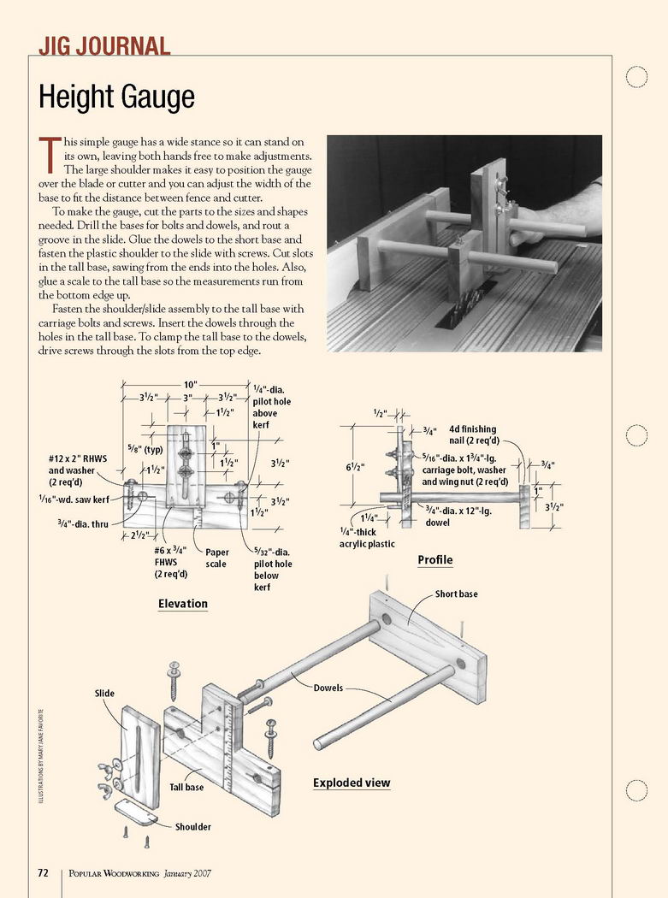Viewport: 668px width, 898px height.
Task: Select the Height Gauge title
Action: (116, 97)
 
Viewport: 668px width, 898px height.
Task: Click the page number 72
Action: (43, 873)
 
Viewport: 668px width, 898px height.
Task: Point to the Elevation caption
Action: (182, 604)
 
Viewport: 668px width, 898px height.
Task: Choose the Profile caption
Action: (434, 560)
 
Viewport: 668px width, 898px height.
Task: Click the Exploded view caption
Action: (352, 783)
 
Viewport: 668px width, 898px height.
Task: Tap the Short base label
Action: (456, 594)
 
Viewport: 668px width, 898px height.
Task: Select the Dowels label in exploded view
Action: (328, 688)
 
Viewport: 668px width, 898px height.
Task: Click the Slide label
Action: (104, 693)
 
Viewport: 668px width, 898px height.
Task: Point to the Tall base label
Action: (186, 787)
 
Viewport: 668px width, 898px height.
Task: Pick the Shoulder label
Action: (193, 827)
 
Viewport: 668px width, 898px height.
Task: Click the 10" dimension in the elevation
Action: (190, 385)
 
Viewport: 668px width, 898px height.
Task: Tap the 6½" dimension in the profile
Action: (355, 468)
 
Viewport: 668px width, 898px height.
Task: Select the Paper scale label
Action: (217, 558)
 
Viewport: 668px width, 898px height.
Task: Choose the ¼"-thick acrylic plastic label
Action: (369, 538)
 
